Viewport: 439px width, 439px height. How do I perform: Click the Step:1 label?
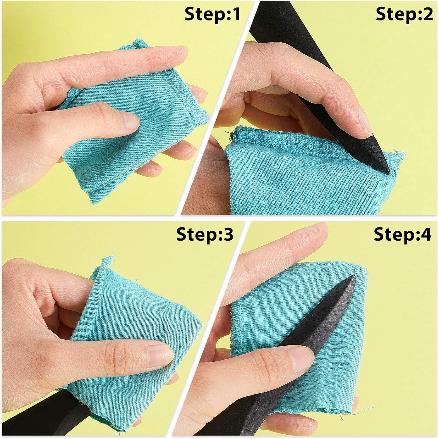[212, 14]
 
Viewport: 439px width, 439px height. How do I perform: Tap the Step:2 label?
[404, 14]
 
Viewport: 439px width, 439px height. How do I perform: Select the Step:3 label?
[205, 234]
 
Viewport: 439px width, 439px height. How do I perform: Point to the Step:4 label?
[402, 234]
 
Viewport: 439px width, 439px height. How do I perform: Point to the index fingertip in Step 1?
[179, 53]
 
